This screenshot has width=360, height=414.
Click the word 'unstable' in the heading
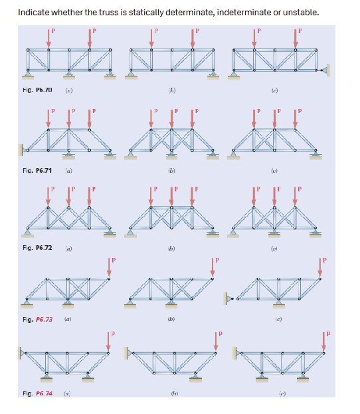pos(301,13)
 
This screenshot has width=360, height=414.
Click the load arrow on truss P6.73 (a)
pos(110,264)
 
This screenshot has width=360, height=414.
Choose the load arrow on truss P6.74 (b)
pos(216,339)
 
